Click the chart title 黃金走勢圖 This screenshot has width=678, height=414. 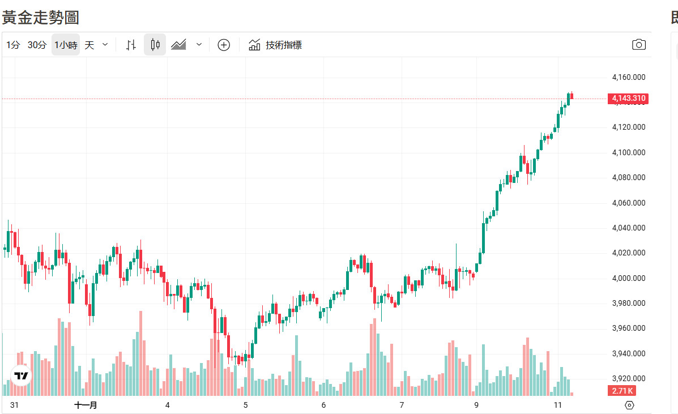point(40,18)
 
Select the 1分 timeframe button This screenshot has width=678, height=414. point(13,45)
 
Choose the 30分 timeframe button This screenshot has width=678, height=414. point(37,45)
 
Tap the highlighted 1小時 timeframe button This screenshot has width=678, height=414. point(66,45)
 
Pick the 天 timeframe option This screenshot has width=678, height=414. point(89,45)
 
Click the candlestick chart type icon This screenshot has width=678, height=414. point(155,45)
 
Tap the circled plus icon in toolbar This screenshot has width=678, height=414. point(224,45)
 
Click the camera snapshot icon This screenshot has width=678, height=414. point(639,45)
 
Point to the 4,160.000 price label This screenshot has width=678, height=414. point(629,77)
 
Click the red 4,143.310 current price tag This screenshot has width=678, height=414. point(628,99)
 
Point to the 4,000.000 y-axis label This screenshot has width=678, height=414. point(629,278)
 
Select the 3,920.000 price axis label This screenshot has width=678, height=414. point(629,378)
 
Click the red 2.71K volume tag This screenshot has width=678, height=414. point(621,391)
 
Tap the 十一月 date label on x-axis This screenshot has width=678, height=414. point(86,405)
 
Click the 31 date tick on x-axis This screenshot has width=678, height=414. point(15,405)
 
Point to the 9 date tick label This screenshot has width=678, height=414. point(476,405)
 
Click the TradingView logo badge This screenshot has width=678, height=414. point(22,375)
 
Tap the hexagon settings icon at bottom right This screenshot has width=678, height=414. point(629,405)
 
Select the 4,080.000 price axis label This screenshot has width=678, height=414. point(629,177)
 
